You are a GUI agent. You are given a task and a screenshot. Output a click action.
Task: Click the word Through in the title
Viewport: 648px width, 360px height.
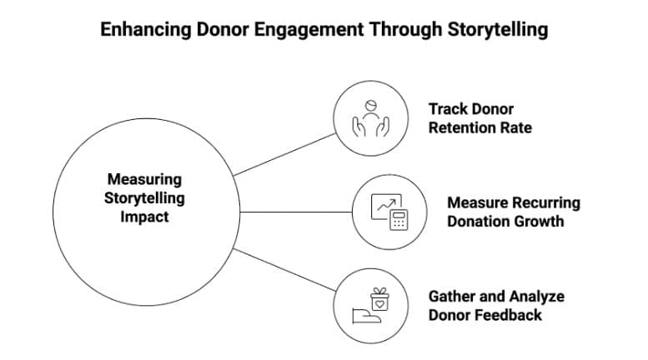click(397, 30)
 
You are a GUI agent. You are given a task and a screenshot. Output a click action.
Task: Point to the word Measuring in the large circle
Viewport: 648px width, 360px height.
click(144, 179)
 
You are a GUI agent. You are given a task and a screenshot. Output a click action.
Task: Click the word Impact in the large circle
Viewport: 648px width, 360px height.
click(144, 217)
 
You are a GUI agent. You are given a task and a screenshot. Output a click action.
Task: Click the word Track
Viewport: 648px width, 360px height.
click(447, 109)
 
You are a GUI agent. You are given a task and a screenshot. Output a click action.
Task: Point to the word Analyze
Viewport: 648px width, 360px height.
click(535, 296)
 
